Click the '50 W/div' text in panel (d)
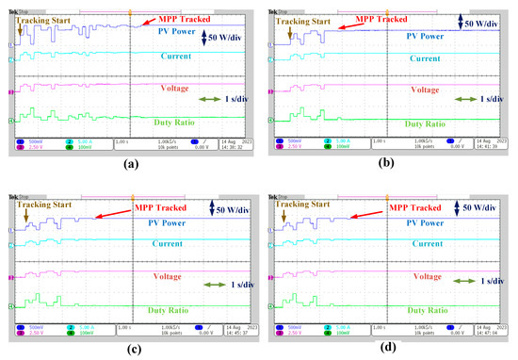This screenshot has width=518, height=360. coord(484,205)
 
